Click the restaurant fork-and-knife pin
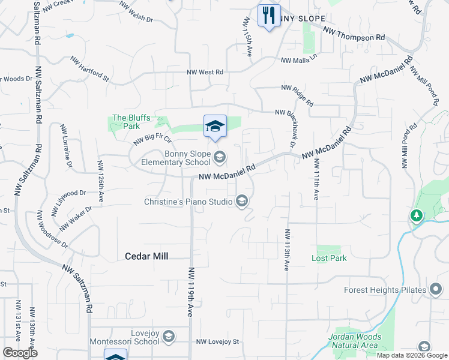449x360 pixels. coord(269,14)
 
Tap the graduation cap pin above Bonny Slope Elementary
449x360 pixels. coord(215,125)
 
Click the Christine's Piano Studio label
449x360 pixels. coord(188,202)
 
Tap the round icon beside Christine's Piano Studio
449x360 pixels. coord(242,201)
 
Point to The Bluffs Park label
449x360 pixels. coord(127,122)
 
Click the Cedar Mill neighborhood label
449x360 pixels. coord(146,256)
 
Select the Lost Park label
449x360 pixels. coord(329,258)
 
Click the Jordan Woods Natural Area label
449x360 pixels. coord(354,341)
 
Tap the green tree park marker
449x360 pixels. coord(415,215)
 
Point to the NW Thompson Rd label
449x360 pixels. coord(354,33)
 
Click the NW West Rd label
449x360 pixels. coord(205,72)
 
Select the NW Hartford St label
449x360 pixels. coord(90,69)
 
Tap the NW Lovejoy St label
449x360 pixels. coord(217,342)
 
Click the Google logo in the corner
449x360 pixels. coord(20,353)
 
